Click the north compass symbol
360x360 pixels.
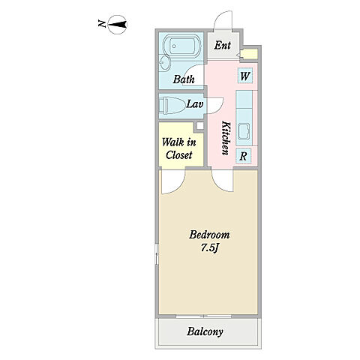[x=117, y=25]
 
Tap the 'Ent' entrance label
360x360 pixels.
[x=223, y=46]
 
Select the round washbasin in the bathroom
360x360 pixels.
[x=164, y=63]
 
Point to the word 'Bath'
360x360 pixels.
[x=184, y=79]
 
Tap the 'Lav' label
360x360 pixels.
[x=195, y=104]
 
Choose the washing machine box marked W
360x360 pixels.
[x=245, y=76]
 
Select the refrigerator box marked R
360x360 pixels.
[x=243, y=156]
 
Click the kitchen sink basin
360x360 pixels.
[x=244, y=131]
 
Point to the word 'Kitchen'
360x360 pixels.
[x=226, y=138]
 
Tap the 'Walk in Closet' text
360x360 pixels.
[x=179, y=148]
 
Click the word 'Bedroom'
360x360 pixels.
[x=209, y=235]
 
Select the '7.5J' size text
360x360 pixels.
[x=210, y=248]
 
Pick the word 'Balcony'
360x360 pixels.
[x=205, y=331]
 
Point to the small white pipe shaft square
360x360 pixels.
[x=200, y=125]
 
